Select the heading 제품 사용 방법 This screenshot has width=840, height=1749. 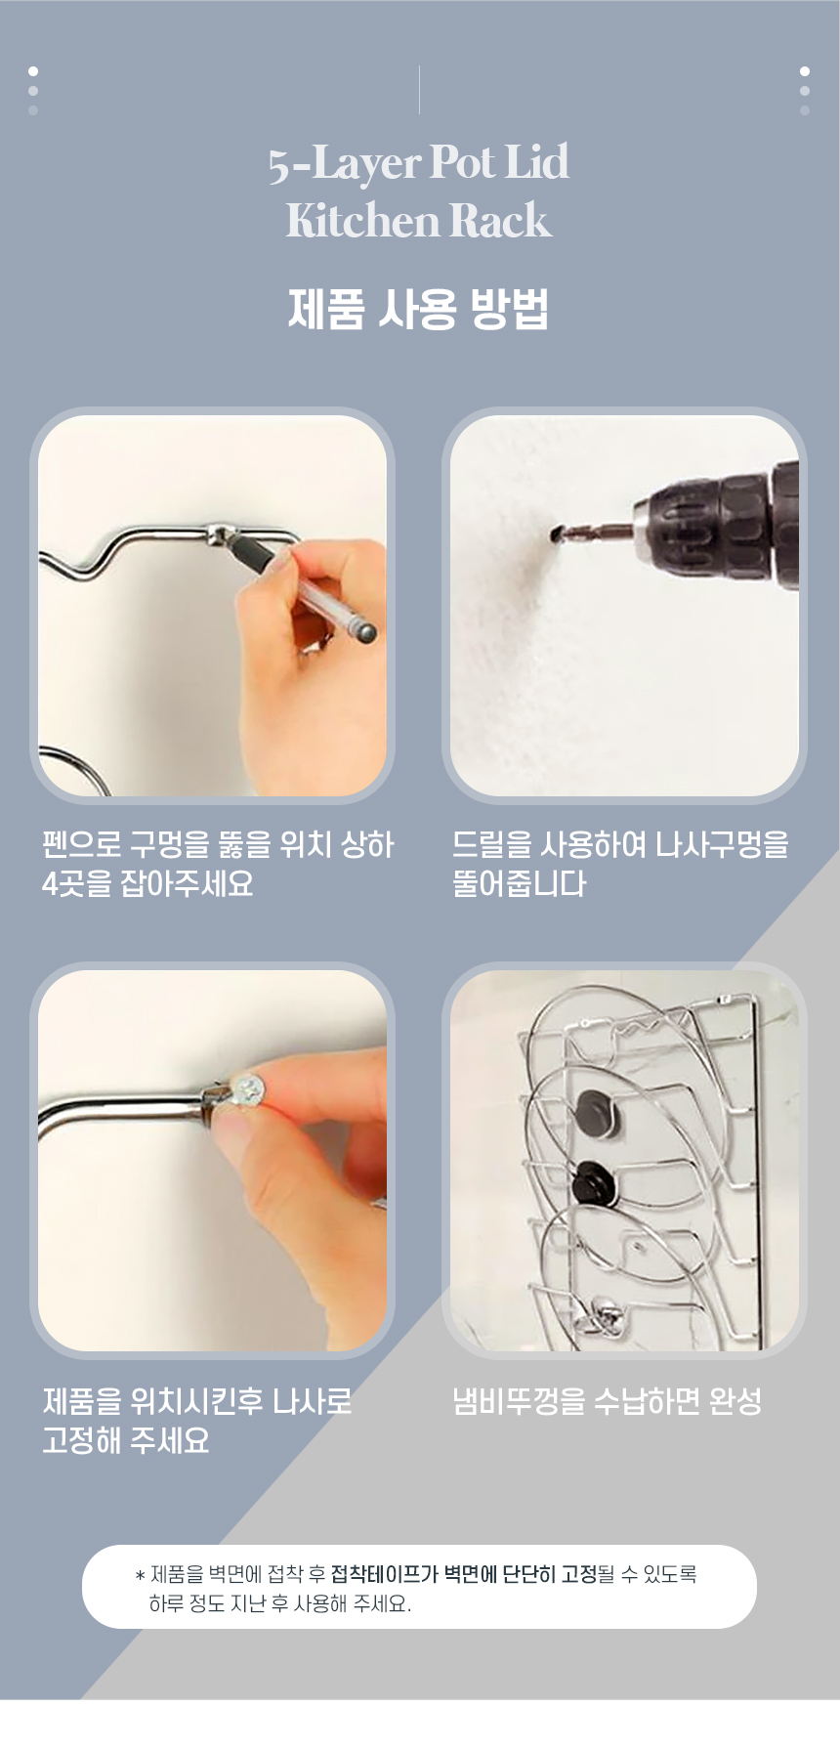click(418, 309)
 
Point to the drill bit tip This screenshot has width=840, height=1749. click(555, 534)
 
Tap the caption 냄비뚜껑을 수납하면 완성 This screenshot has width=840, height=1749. click(607, 1401)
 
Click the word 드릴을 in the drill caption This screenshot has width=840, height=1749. click(492, 844)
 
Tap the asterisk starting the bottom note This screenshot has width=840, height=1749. click(141, 1575)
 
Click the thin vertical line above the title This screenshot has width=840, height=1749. click(419, 90)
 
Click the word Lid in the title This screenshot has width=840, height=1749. click(536, 162)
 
